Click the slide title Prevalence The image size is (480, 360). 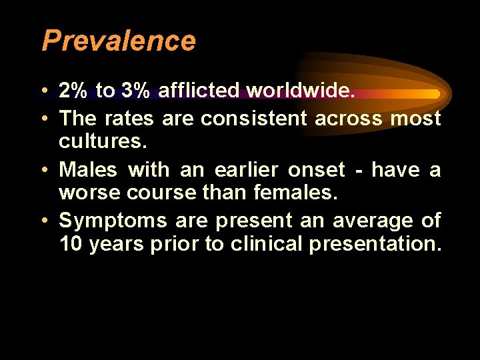click(119, 41)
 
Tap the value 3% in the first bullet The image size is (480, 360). click(135, 91)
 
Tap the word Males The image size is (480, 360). click(87, 170)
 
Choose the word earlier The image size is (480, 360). click(245, 170)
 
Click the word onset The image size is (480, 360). click(317, 170)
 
